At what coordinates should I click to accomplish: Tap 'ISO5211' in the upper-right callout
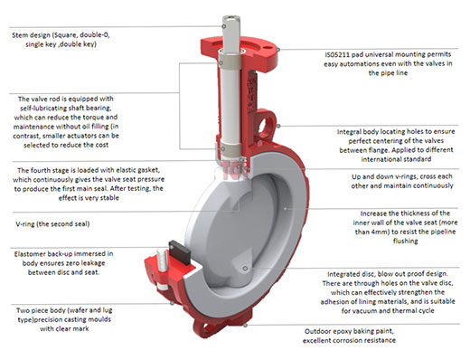[339, 53]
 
